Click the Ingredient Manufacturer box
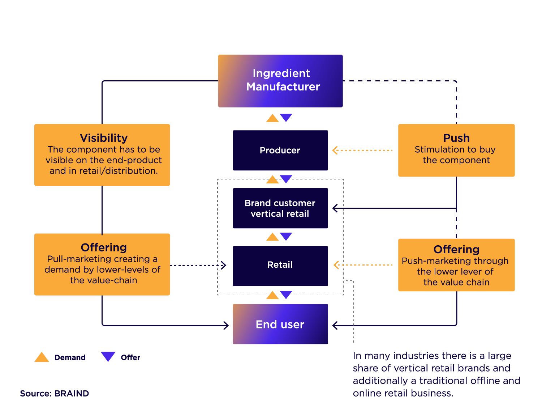point(280,81)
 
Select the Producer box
point(280,150)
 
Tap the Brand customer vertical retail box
point(280,208)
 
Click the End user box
point(280,324)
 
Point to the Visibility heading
point(104,138)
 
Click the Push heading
point(456,138)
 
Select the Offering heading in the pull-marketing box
point(104,247)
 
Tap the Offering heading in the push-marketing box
point(456,249)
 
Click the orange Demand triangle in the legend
point(42,357)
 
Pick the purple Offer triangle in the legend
point(108,356)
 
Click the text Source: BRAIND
point(55,394)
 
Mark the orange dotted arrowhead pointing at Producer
point(335,150)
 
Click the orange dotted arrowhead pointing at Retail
point(336,265)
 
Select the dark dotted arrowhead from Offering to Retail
point(224,265)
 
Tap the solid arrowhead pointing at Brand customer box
point(335,208)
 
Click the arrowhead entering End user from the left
point(227,325)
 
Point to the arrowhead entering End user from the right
point(335,325)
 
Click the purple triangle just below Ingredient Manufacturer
point(286,117)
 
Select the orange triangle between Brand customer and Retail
point(272,237)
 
